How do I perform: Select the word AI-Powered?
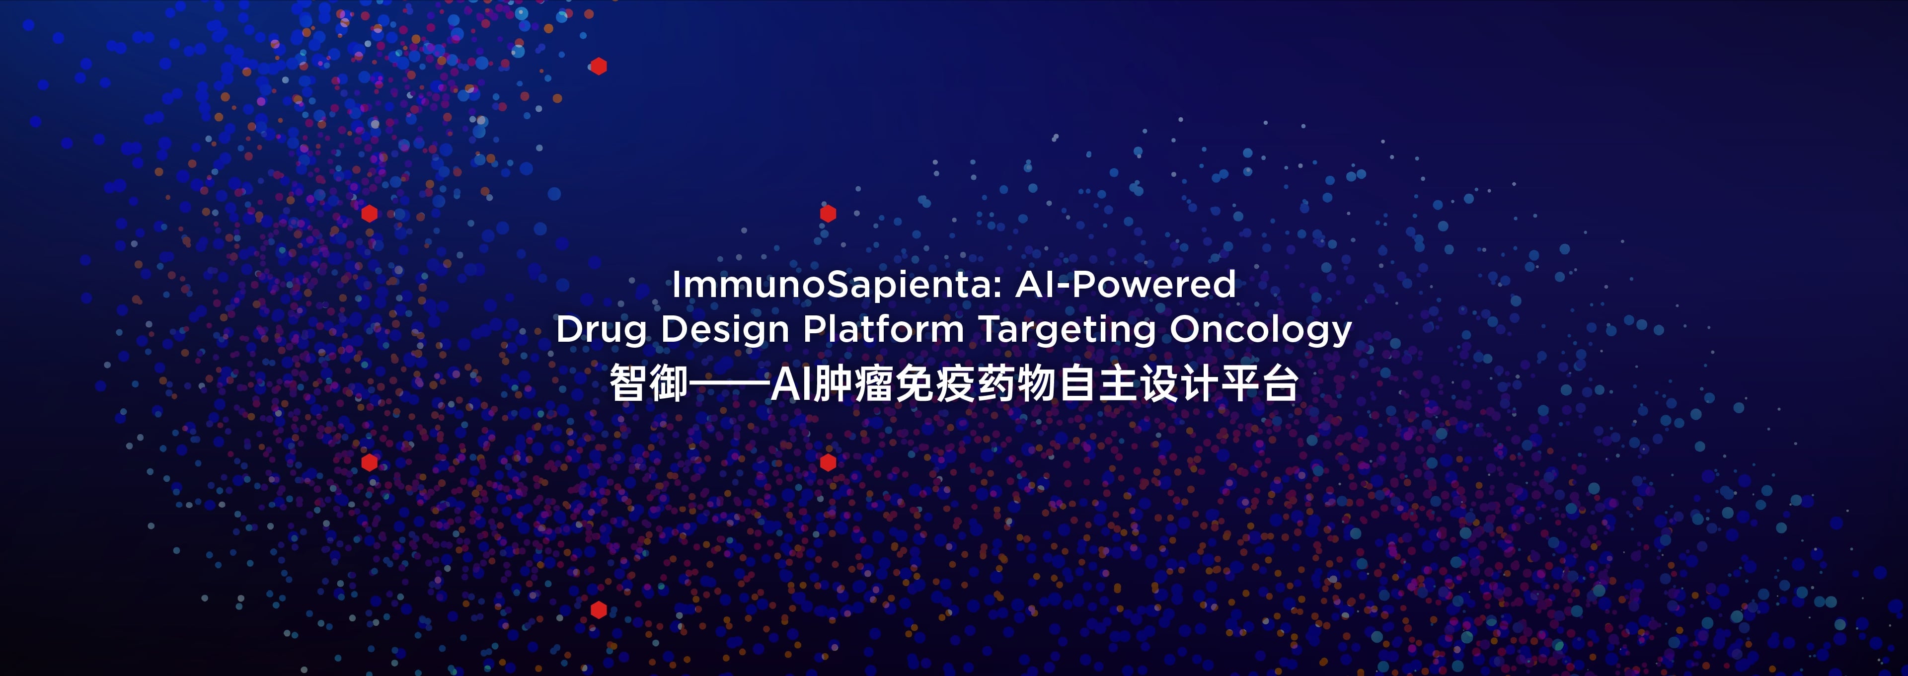(1125, 284)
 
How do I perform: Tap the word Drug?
(602, 329)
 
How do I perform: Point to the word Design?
(725, 329)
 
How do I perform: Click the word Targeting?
(1068, 329)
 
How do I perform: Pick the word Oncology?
(1261, 329)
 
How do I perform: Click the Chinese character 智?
(628, 383)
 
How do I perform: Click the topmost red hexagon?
(599, 67)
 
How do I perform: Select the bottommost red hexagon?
(599, 610)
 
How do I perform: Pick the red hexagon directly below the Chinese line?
(828, 463)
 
